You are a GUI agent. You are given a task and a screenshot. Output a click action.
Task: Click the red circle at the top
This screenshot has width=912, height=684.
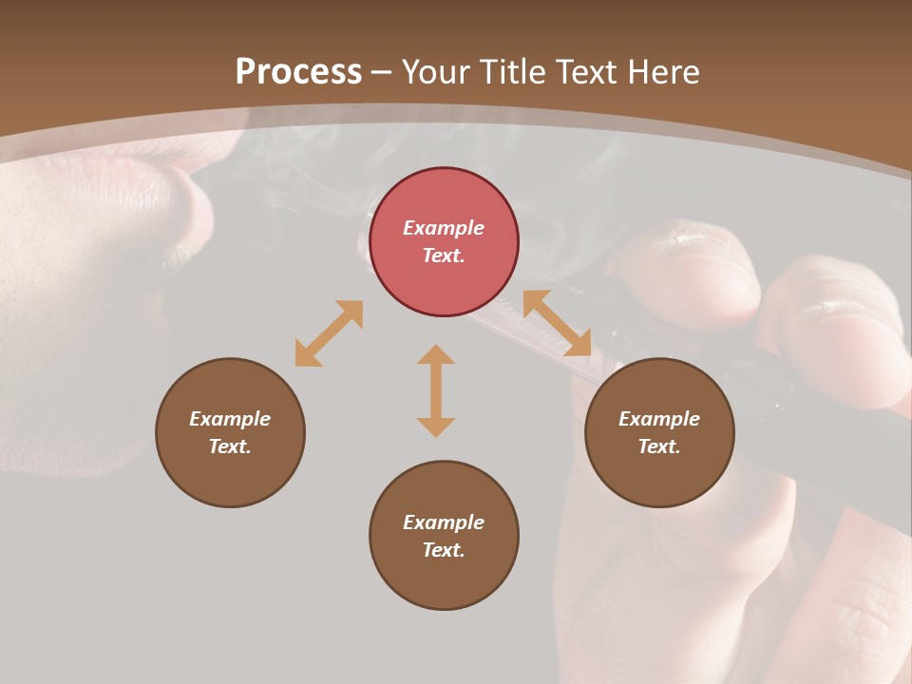point(444,242)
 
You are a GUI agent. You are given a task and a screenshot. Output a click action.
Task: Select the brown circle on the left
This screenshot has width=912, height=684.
point(230,432)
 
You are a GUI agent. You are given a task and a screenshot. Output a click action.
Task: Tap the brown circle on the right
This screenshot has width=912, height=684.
point(659,432)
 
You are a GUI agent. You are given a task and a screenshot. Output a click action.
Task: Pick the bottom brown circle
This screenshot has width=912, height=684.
point(444,536)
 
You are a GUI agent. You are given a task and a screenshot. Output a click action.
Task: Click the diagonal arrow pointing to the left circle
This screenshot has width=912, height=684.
point(329,333)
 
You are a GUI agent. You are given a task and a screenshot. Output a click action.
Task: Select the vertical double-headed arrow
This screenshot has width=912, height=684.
point(436,390)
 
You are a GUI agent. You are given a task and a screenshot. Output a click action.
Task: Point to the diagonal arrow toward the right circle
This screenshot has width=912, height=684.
point(558,323)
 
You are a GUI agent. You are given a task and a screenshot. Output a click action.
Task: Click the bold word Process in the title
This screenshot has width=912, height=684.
point(298,71)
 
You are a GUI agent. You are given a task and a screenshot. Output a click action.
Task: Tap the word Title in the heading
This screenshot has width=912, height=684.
point(507,71)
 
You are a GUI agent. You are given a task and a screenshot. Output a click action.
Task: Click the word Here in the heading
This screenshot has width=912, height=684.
point(664,71)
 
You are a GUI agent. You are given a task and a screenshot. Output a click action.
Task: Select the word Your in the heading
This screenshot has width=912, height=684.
point(435,71)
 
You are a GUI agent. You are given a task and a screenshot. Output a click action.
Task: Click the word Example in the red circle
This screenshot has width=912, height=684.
point(444,228)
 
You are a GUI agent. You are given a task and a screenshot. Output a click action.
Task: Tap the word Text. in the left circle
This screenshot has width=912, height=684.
point(230,446)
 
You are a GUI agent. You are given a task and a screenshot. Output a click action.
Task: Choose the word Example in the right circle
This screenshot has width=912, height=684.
point(659,419)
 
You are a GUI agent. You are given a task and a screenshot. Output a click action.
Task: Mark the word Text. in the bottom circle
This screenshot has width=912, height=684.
point(444,550)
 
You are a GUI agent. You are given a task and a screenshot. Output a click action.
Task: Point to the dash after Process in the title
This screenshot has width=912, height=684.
point(382,73)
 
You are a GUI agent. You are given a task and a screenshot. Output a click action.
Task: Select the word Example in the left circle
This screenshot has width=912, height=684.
point(230,419)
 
